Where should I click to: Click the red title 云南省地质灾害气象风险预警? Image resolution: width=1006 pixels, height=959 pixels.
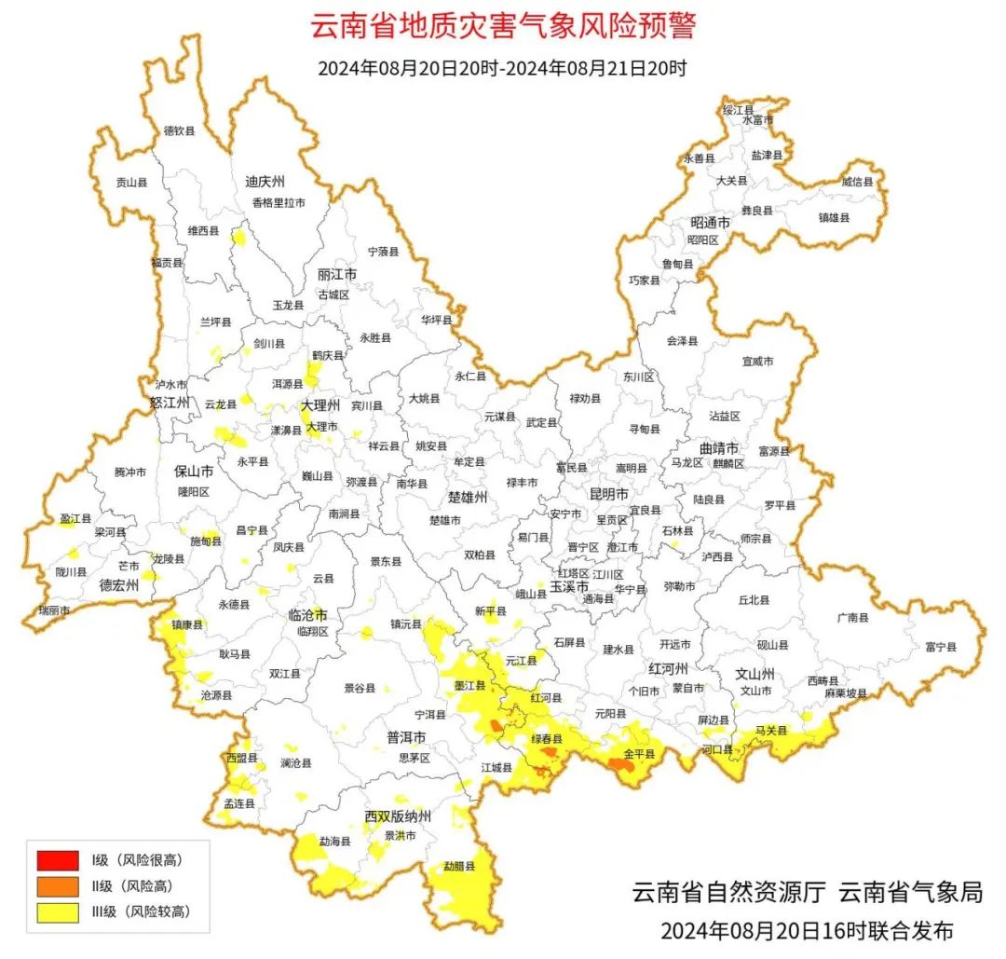(502, 26)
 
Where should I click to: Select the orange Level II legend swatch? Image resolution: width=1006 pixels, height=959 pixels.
(58, 885)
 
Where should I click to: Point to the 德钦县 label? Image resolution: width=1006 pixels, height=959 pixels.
(180, 131)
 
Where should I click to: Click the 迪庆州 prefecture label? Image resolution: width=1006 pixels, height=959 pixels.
(265, 181)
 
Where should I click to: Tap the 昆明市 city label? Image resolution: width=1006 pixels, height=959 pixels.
(609, 493)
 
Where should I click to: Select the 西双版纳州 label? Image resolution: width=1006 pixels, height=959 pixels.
(398, 817)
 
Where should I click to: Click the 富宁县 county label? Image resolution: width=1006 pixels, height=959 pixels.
(942, 646)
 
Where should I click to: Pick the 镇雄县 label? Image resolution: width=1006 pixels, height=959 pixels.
(834, 217)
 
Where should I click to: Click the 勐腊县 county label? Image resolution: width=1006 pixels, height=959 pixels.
(458, 866)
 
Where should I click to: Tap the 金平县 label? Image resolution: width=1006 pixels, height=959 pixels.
(639, 753)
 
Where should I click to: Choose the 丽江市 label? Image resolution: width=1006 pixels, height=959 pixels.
(337, 276)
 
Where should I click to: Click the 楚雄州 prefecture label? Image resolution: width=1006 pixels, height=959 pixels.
(468, 498)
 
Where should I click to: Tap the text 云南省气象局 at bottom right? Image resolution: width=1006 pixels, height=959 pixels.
(910, 892)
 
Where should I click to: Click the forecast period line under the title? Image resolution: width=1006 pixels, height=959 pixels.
(502, 68)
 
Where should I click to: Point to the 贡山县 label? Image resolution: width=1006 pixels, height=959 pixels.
(131, 183)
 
